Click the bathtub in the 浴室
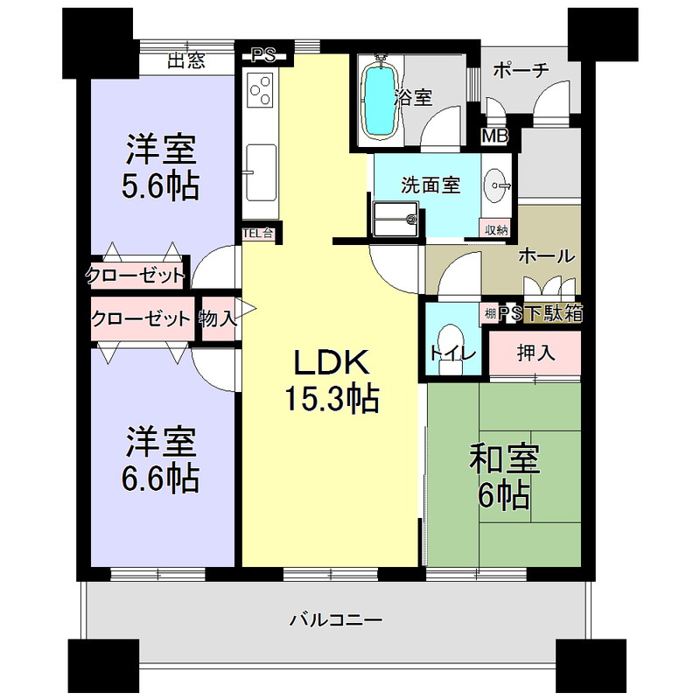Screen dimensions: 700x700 point(380,99)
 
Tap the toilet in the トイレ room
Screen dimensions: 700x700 point(450,348)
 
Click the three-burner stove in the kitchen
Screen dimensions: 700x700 point(261,90)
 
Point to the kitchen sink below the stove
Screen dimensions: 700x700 point(261,172)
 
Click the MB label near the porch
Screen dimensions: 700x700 point(494,136)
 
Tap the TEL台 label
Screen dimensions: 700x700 point(258,233)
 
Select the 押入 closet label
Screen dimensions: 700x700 point(535,353)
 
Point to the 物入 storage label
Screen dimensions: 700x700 point(218,318)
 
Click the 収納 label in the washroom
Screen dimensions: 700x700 point(496,230)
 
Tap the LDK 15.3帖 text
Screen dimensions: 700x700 point(332,381)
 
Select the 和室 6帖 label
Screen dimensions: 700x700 point(505,477)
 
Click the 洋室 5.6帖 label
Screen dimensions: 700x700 point(161,167)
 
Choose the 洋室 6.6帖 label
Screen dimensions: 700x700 point(161,460)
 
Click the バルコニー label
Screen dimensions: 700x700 point(337,620)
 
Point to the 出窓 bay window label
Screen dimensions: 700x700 point(186,60)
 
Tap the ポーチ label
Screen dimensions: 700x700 point(521,70)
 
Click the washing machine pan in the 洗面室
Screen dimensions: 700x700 point(395,219)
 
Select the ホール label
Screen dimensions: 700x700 point(547,255)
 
